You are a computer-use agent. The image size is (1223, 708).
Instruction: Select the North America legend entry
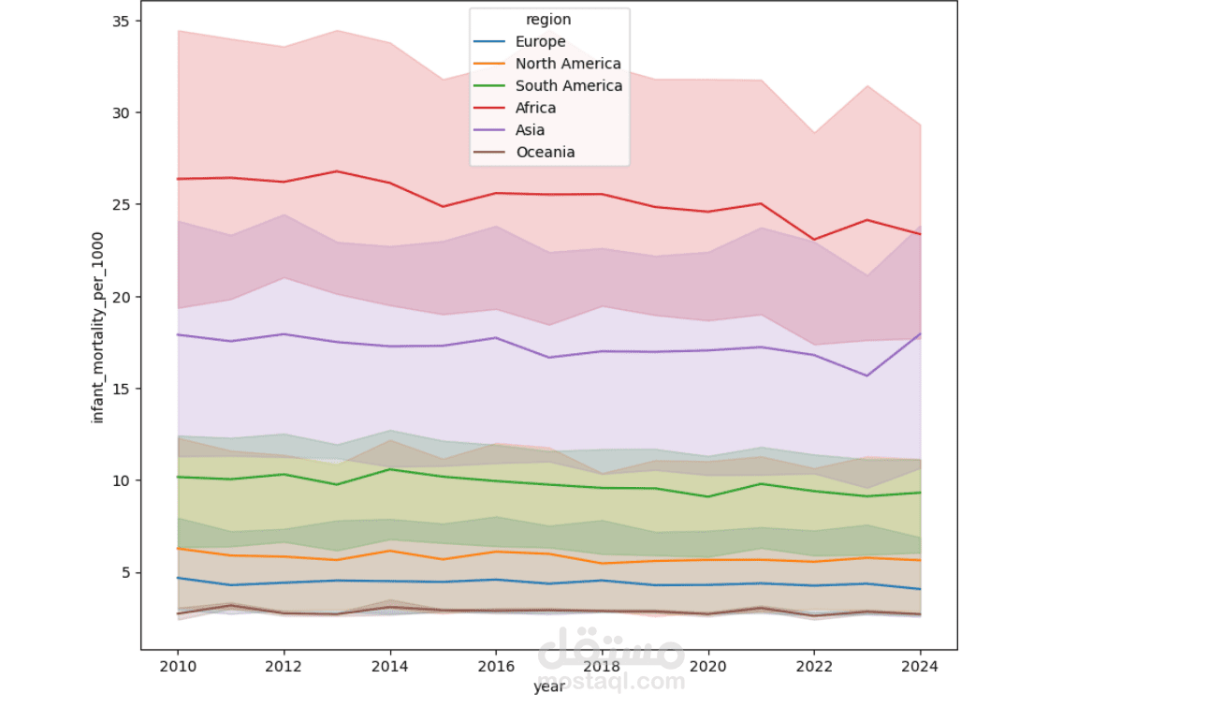pyautogui.click(x=567, y=64)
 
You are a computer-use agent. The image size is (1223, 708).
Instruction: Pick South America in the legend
pyautogui.click(x=568, y=86)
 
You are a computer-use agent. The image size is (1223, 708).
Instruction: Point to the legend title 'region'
pyautogui.click(x=548, y=20)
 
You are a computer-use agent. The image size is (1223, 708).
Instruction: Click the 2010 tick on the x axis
pyautogui.click(x=178, y=667)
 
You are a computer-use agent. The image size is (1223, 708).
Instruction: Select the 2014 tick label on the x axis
pyautogui.click(x=390, y=667)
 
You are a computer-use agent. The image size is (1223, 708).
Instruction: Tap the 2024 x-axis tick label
pyautogui.click(x=921, y=667)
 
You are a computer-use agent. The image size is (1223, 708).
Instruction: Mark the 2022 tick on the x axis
pyautogui.click(x=815, y=667)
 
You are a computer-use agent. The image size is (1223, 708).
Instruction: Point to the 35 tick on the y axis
pyautogui.click(x=122, y=21)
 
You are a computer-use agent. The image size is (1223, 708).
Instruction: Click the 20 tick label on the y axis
pyautogui.click(x=122, y=297)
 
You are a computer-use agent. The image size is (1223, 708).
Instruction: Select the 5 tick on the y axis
pyautogui.click(x=125, y=572)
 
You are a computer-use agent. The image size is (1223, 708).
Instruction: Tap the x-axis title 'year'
pyautogui.click(x=548, y=687)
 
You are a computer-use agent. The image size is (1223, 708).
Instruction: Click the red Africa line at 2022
pyautogui.click(x=815, y=240)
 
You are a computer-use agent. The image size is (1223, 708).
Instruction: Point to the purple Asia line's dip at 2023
pyautogui.click(x=867, y=376)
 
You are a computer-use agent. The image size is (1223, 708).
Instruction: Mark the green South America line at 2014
pyautogui.click(x=390, y=469)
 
